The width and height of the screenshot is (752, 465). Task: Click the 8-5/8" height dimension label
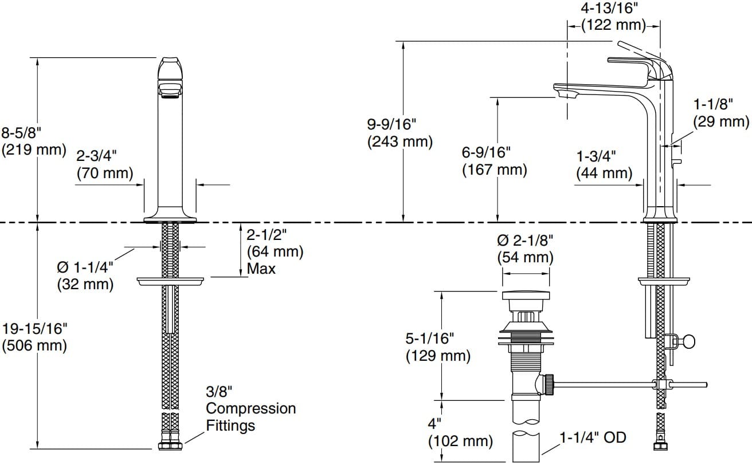coord(21,132)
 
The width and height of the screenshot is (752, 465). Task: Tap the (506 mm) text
coord(34,345)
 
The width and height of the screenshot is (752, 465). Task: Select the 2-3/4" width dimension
coord(97,156)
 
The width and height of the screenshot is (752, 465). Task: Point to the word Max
coord(261,269)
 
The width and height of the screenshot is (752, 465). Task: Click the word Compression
coord(251,408)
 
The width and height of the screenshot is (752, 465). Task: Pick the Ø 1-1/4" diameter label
coord(85,267)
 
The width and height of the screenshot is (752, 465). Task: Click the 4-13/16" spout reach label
coord(609,8)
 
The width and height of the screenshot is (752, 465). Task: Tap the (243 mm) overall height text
coord(400,141)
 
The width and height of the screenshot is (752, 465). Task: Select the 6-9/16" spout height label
coord(486,152)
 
